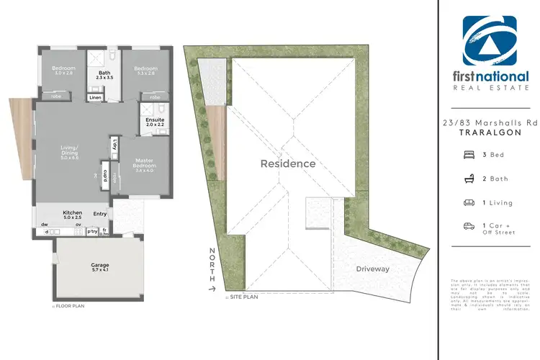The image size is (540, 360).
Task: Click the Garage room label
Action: pos(100,266)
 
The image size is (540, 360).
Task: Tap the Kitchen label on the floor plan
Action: pos(73,213)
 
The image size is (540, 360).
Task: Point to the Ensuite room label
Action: pos(155,120)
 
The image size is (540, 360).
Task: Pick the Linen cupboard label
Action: pos(95,98)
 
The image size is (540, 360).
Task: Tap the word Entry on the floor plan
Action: pos(99,213)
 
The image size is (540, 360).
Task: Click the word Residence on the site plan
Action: pos(287,163)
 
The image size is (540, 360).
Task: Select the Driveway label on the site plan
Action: pos(372,269)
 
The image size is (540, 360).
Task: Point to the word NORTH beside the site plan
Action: pos(211,263)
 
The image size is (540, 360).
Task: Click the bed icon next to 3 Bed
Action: pos(469,154)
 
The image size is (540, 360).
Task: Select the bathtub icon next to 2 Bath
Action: pos(469,178)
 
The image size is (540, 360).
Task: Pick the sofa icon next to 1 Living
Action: pos(469,202)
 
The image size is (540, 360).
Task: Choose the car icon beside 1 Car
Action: pos(469,226)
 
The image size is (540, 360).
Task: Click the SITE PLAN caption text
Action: pos(242,295)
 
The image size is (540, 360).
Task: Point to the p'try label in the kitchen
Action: pos(92,232)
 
